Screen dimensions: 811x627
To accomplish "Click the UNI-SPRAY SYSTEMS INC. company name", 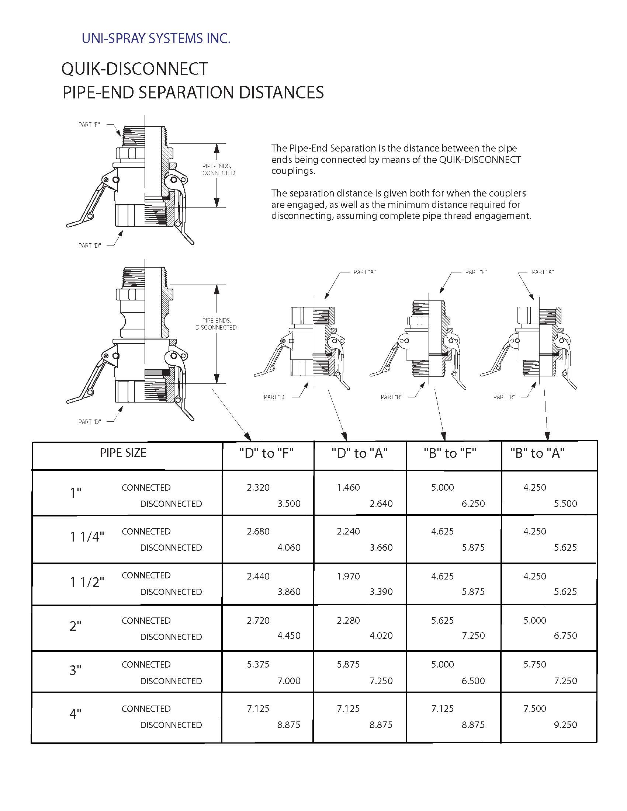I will [x=156, y=38].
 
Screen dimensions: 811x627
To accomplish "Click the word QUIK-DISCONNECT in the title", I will [x=135, y=69].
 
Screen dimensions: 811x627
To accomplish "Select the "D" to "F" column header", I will [x=266, y=453].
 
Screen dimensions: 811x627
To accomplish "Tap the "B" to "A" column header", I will [x=537, y=453].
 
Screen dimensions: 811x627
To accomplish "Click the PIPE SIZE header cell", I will [x=123, y=453].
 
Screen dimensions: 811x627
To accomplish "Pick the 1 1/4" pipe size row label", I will [x=87, y=537].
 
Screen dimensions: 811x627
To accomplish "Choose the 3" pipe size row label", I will [x=75, y=670].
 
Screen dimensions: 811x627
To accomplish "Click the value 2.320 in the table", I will [x=258, y=487].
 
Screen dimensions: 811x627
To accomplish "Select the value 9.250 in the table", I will [x=565, y=724].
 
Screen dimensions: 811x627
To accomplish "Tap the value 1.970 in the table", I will [x=349, y=576].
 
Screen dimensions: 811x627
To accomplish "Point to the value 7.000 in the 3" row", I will [x=289, y=681].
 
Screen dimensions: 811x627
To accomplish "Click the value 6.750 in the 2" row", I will [x=565, y=636].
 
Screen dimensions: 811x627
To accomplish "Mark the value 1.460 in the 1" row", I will [x=349, y=487].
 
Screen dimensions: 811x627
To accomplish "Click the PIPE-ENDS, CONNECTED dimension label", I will [x=218, y=169].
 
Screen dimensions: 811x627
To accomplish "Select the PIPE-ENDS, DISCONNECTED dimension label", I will [x=216, y=324].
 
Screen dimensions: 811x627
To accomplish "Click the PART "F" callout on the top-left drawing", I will [x=89, y=125].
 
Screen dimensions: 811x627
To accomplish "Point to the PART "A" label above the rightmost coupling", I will [x=543, y=272].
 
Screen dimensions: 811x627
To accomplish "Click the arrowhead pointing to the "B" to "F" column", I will [x=443, y=436].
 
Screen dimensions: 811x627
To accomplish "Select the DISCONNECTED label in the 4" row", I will [x=171, y=724].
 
